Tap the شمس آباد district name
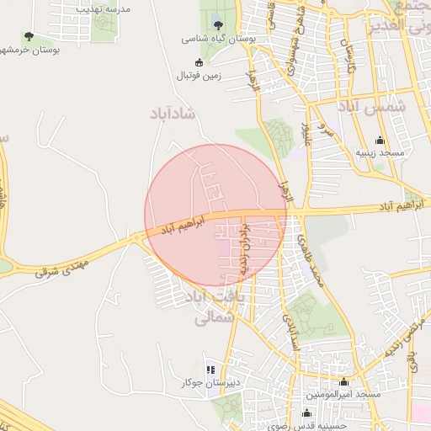(371, 107)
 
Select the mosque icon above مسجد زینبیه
(379, 140)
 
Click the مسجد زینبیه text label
(379, 153)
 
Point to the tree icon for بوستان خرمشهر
(29, 36)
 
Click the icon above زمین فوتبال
(200, 62)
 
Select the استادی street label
(294, 329)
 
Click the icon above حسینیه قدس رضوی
(306, 412)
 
